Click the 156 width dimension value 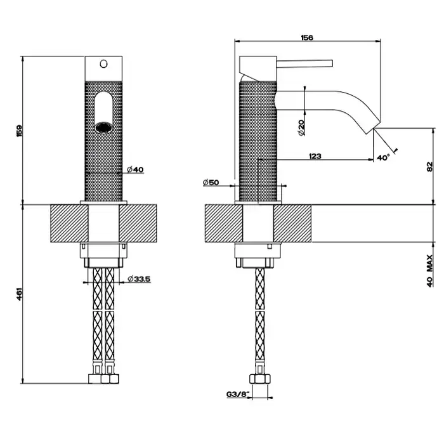point(306,37)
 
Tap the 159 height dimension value point(20,131)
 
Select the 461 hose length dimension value point(20,294)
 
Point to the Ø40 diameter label point(136,169)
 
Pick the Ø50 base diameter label point(211,183)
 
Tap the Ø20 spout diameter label point(301,126)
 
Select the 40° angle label point(382,157)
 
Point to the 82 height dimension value point(430,167)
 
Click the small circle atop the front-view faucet point(103,63)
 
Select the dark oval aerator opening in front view point(103,126)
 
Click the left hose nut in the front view point(96,379)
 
